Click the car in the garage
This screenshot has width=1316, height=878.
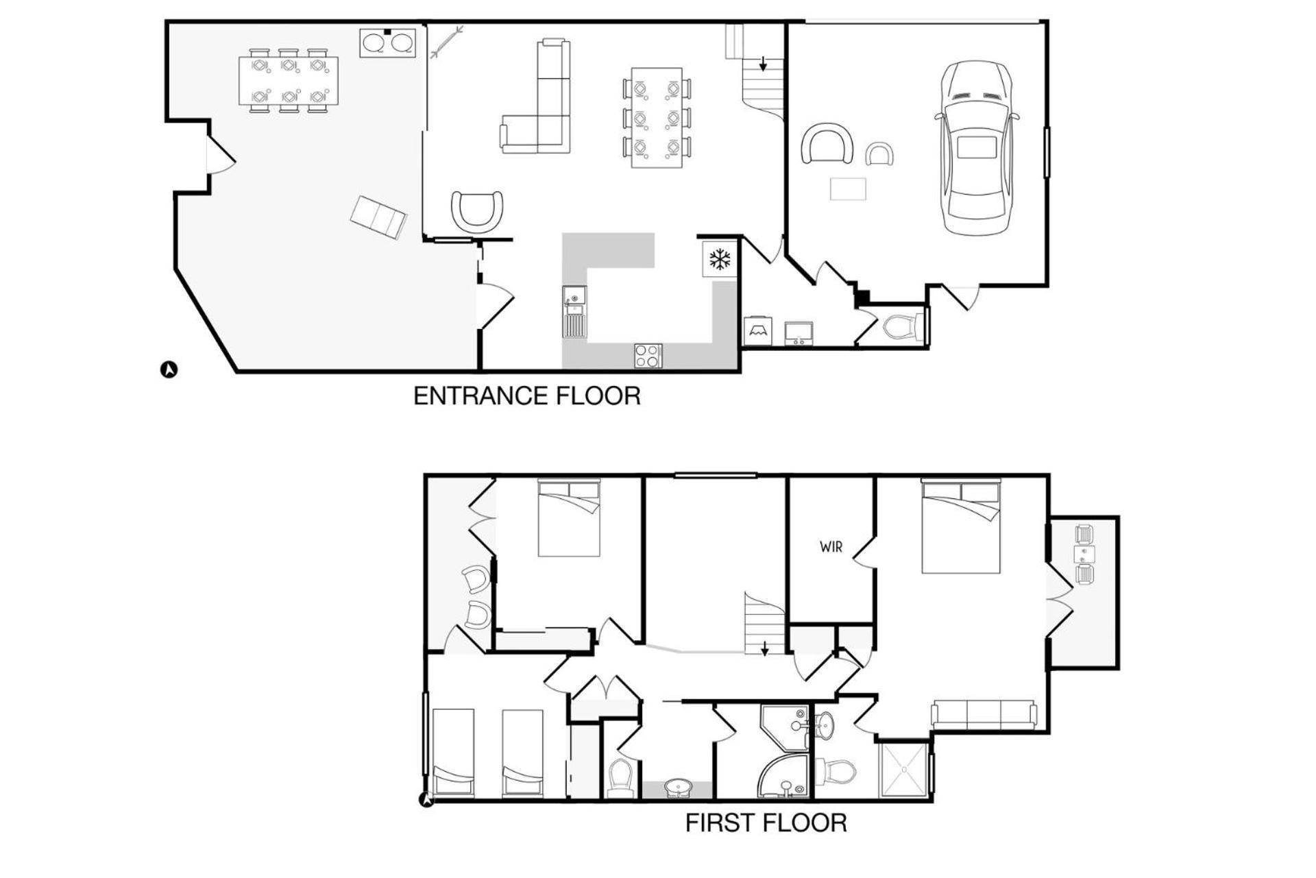coord(976,148)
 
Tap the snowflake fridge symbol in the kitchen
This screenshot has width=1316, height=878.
coord(719,259)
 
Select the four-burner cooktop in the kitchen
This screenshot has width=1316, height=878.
coord(648,356)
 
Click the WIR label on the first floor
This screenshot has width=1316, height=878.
coord(831,547)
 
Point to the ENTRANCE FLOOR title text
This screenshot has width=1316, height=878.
coord(527,396)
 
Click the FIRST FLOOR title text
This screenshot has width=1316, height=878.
coord(766,822)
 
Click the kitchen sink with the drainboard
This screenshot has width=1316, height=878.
coord(574,312)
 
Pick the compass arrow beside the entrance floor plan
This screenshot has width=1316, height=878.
coord(169,369)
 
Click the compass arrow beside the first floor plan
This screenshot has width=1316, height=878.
coord(426,799)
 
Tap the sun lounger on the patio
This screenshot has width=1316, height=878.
coord(378,217)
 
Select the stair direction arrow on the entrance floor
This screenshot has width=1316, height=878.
coord(763,64)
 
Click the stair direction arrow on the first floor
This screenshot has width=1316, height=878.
coord(765,648)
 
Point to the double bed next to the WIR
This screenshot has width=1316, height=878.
coord(961,526)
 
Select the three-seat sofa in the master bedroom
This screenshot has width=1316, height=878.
coord(983,714)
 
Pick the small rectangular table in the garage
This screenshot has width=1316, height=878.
coord(848,189)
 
